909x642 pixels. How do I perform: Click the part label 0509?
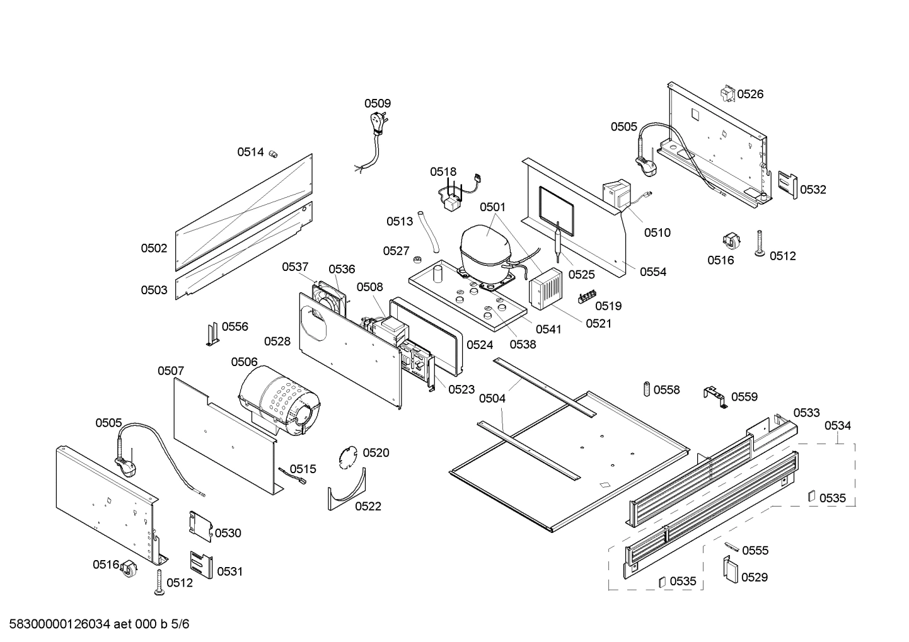(x=377, y=103)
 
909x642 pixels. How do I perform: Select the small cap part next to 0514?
(x=274, y=153)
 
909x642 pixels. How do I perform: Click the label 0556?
(x=235, y=326)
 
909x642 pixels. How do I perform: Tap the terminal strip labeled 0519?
(x=587, y=296)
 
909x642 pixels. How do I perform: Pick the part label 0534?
(x=837, y=426)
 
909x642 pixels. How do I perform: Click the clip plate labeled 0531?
(x=201, y=564)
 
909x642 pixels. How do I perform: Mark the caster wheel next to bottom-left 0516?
(x=129, y=568)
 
